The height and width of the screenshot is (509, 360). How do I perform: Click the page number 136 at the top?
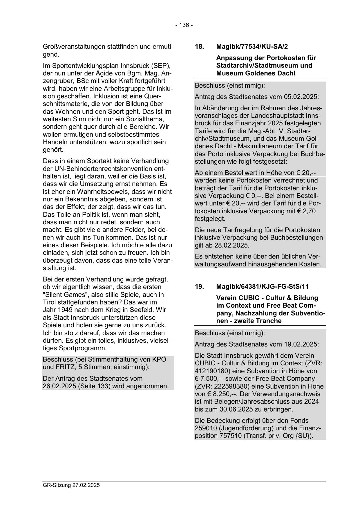coord(184,25)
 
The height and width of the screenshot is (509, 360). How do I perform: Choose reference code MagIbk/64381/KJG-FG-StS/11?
coord(263,286)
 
